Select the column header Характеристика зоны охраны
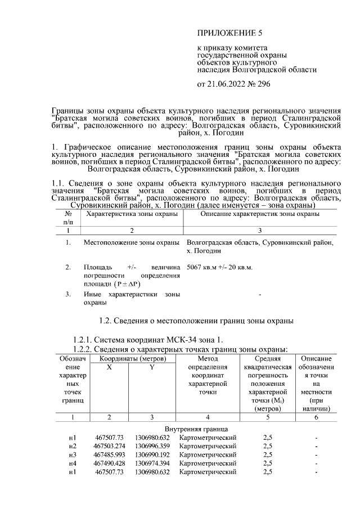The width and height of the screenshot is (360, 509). (x=131, y=215)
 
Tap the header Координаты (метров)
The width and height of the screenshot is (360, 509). (x=130, y=358)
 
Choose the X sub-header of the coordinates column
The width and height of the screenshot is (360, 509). (x=109, y=367)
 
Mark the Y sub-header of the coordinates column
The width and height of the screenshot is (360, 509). (x=151, y=367)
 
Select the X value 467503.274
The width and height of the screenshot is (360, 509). (x=109, y=446)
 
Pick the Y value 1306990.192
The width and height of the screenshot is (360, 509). (x=152, y=454)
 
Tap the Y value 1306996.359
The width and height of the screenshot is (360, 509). (x=152, y=446)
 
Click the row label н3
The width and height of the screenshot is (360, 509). (x=72, y=454)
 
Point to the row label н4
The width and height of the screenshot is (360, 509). (x=72, y=463)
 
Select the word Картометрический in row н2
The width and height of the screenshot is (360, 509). (x=208, y=446)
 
